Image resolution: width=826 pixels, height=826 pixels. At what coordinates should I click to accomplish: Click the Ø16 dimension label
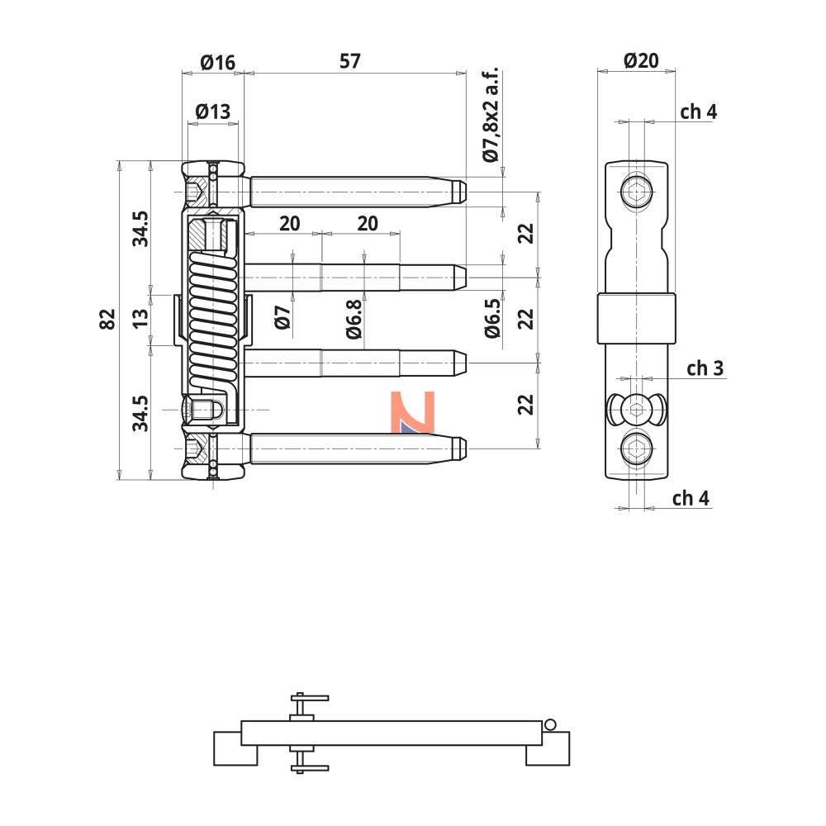click(x=217, y=63)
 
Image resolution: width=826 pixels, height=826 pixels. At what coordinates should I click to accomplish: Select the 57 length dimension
click(x=349, y=61)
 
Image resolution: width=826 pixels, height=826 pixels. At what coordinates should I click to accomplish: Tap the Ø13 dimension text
click(x=213, y=112)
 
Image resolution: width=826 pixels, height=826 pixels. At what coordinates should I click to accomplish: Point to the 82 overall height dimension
click(x=107, y=319)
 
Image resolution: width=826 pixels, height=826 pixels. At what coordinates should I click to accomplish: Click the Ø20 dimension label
click(x=641, y=60)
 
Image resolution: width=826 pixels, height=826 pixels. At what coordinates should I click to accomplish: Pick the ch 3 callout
click(x=705, y=368)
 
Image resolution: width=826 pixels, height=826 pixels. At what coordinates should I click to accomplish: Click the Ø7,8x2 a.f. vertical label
click(x=490, y=115)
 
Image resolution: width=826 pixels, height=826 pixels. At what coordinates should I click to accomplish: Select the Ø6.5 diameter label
click(x=492, y=318)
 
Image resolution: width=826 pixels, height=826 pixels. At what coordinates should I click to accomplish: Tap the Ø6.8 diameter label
click(x=354, y=319)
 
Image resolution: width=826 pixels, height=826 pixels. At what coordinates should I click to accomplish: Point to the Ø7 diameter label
click(x=282, y=317)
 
